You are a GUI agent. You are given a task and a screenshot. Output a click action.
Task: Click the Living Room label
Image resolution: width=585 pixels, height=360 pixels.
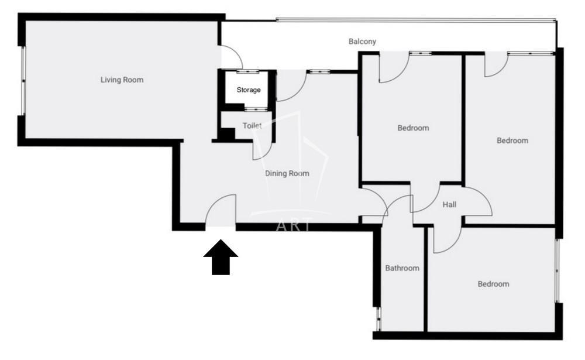click(x=122, y=80)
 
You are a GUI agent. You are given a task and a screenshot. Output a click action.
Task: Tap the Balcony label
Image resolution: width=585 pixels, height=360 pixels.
click(x=362, y=42)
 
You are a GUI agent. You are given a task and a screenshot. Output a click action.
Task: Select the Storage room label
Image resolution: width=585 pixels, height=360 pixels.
click(x=249, y=90)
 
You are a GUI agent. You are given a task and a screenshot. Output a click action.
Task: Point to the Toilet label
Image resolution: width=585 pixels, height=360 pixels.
click(x=252, y=126)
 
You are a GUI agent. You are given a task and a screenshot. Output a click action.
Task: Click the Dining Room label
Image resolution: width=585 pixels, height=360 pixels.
click(x=287, y=173)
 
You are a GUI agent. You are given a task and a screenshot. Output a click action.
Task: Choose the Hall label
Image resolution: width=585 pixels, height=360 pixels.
click(x=449, y=205)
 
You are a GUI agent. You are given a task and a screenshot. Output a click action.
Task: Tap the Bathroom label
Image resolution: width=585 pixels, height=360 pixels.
click(x=402, y=268)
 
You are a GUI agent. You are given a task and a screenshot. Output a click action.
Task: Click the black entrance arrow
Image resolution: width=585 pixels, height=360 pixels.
click(x=221, y=258)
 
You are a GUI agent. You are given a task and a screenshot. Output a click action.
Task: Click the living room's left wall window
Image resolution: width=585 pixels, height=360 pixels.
click(x=23, y=81)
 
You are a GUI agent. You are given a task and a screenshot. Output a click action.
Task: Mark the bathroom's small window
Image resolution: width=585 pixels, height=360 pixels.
click(x=378, y=319)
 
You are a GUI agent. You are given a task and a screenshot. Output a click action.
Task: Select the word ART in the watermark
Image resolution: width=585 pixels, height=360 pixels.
click(x=293, y=225)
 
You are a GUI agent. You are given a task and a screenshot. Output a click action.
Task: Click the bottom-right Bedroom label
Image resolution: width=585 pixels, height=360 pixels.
click(x=493, y=284)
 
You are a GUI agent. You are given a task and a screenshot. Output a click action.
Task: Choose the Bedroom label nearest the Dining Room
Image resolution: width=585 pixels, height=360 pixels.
click(x=413, y=128)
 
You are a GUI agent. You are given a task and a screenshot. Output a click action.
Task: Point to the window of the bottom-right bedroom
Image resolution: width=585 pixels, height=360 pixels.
click(x=557, y=271)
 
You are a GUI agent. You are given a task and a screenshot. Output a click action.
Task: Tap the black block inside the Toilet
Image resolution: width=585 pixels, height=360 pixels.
click(x=226, y=134)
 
